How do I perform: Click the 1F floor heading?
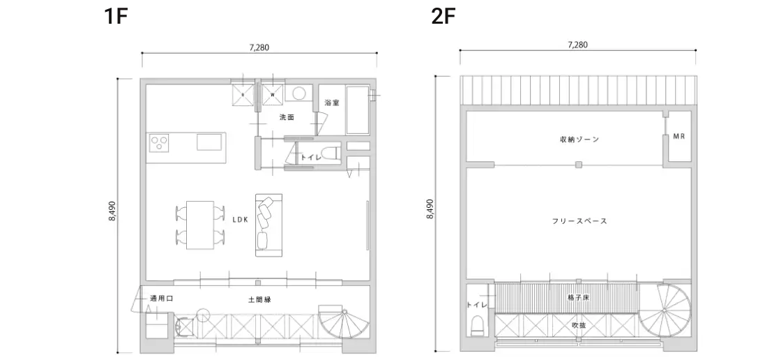pos(116,17)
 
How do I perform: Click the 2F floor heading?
pos(443,17)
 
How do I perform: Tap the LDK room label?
pos(240,219)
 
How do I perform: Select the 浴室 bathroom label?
pos(332,103)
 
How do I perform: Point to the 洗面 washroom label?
pos(287,118)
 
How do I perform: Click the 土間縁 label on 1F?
pos(259,300)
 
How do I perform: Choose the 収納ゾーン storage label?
pos(579,140)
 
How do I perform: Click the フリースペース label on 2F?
pos(579,221)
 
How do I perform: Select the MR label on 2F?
pos(679,136)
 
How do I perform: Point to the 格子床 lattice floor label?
pos(578,298)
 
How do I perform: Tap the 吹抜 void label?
pos(579,325)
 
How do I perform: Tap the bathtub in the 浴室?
pos(358,110)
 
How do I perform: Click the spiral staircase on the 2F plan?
pos(665,310)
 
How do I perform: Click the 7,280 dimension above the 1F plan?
pos(259,48)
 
